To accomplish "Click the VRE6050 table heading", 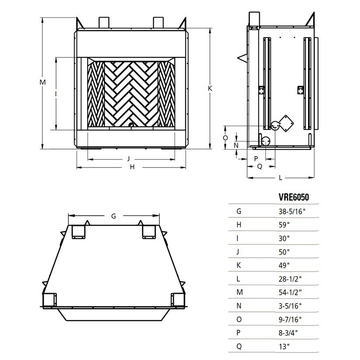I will click(294, 197).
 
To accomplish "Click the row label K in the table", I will click(239, 266).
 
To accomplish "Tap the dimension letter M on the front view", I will click(42, 82).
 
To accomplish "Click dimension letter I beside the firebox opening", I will click(56, 93).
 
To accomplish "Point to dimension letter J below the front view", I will click(128, 158).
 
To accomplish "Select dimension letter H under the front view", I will click(131, 167).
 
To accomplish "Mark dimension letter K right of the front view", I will click(210, 88).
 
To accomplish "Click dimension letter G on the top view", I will click(114, 216).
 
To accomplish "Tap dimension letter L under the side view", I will click(280, 178).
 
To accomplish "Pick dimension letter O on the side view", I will click(225, 137).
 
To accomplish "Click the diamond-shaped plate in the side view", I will click(286, 123).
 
